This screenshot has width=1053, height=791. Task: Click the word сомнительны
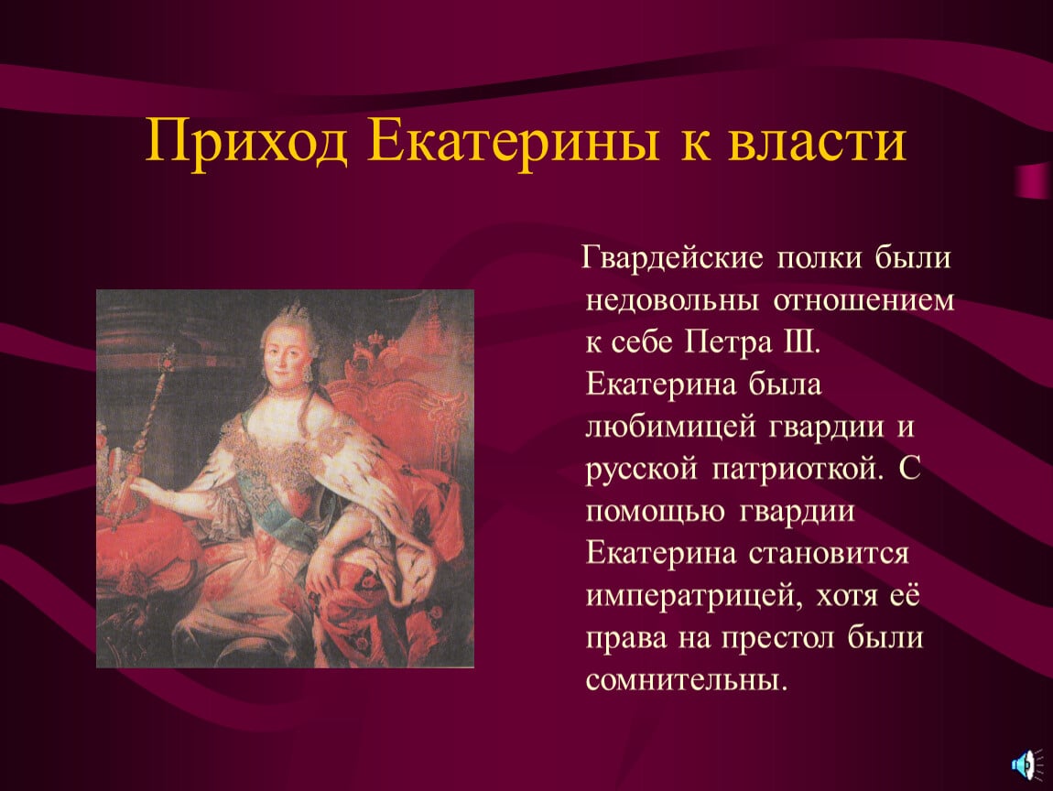pyautogui.click(x=686, y=679)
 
